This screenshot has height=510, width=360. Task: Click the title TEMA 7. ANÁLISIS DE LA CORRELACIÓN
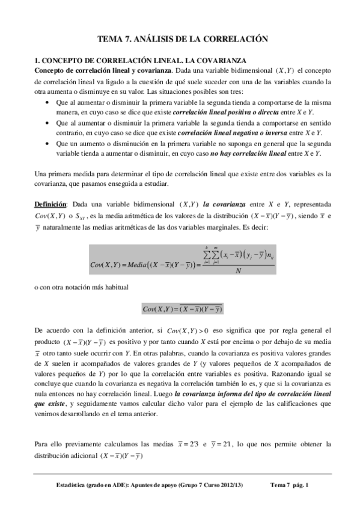[182, 39]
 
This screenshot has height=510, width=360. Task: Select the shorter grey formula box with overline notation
[182, 309]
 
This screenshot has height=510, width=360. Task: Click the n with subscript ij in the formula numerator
[272, 256]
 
